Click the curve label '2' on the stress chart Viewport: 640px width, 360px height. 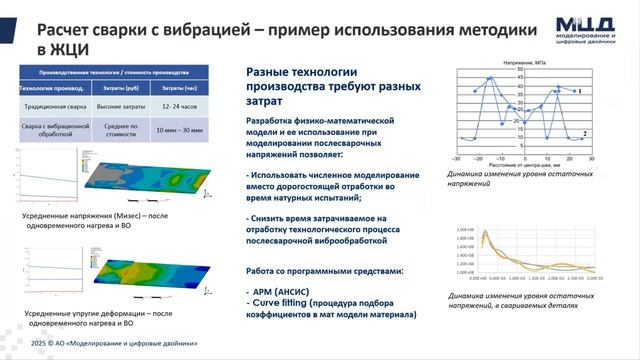point(584,133)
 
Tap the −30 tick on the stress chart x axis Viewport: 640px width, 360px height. point(457,158)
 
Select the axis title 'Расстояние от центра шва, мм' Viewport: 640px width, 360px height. point(523,165)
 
